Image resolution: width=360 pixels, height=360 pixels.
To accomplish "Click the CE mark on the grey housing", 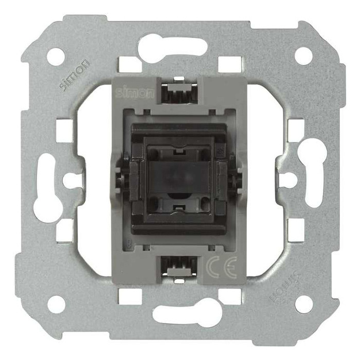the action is tap(221, 267).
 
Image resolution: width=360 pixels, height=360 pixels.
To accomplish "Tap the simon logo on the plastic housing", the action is tap(134, 93).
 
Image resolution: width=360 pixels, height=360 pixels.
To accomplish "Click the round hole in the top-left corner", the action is tap(56, 56).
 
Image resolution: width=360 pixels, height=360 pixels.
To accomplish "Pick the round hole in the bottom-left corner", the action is tap(56, 304).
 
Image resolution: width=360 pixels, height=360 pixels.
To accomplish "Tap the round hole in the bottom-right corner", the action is tap(304, 304).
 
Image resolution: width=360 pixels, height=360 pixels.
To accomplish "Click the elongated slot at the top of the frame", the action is tap(173, 47).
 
